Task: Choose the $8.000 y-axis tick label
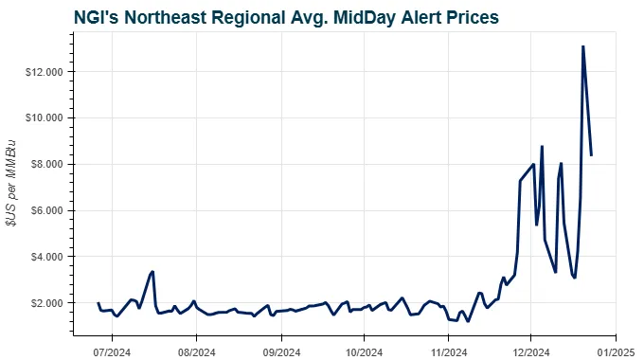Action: [x=45, y=165]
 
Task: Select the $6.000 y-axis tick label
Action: [x=45, y=210]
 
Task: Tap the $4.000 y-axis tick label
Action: [x=45, y=257]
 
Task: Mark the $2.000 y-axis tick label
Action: [x=45, y=303]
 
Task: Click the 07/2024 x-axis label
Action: [x=112, y=335]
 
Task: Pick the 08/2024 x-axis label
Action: [x=196, y=335]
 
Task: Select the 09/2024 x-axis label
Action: [x=280, y=335]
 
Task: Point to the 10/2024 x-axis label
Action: [x=363, y=335]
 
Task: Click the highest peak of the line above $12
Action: [x=582, y=46]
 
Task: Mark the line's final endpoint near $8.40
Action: [x=591, y=154]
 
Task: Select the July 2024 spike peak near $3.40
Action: [x=152, y=272]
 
